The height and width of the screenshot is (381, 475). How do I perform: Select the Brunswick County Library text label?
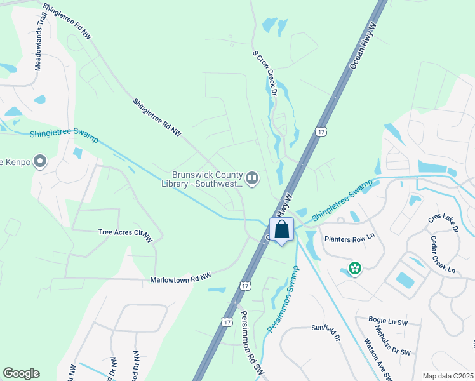coord(208,180)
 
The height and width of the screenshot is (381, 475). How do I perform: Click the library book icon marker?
coord(253,179)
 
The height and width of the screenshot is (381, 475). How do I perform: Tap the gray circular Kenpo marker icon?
coord(41,162)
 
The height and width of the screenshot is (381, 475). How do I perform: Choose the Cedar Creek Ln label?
coord(442,255)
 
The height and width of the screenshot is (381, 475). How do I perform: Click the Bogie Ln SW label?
coord(388,322)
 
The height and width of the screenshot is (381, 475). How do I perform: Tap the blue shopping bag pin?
coord(282,230)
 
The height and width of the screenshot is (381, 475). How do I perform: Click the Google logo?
coord(21,373)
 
